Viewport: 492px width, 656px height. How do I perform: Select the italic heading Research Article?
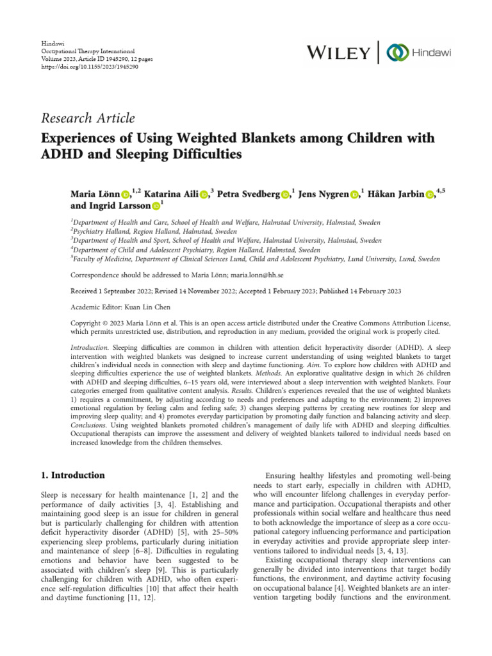tap(88, 118)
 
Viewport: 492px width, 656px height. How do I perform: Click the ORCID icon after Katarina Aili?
tap(204, 194)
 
